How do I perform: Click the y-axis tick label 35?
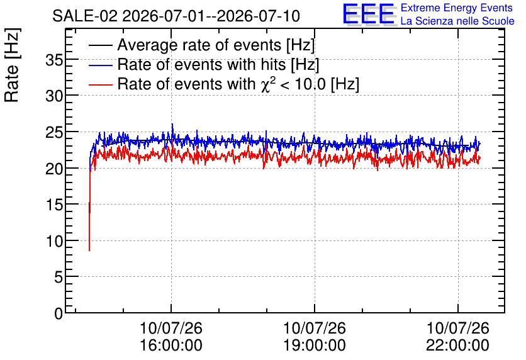[x=54, y=60]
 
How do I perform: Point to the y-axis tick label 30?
[x=54, y=97]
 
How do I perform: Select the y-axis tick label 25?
[x=54, y=133]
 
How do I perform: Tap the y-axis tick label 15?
[x=54, y=205]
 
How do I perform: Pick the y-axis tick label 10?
[x=54, y=241]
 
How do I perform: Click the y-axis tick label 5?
[x=59, y=278]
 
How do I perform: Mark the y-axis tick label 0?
[x=59, y=313]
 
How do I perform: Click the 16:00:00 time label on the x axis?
[x=171, y=346]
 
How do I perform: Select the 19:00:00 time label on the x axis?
[x=315, y=346]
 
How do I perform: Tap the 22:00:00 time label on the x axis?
[x=457, y=346]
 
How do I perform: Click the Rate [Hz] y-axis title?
[x=12, y=65]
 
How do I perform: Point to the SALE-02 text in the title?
[x=85, y=16]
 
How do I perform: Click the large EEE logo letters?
[x=368, y=14]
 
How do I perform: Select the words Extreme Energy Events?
[x=457, y=8]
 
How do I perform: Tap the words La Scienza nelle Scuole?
[x=457, y=21]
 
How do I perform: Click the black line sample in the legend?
[x=100, y=45]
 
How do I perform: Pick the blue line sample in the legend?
[x=100, y=65]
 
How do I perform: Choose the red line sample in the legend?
[x=100, y=84]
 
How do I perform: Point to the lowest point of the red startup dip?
[x=89, y=250]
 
